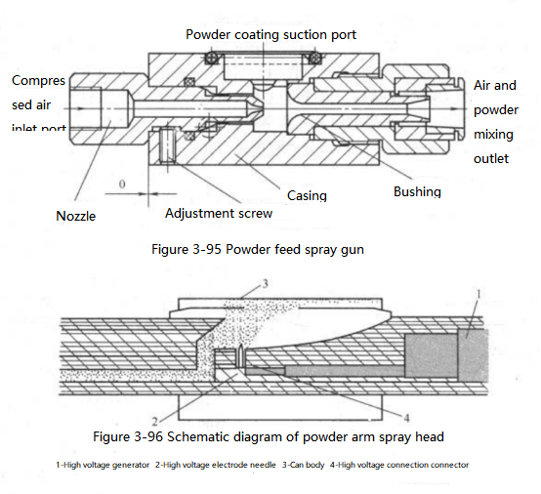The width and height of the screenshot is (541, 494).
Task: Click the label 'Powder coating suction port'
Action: tap(270, 34)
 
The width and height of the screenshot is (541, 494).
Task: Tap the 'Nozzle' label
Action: tap(75, 216)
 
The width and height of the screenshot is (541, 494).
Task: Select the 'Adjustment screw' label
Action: tap(218, 213)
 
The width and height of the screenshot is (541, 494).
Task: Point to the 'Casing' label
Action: tap(307, 195)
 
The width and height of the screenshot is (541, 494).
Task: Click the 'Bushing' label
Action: tap(417, 191)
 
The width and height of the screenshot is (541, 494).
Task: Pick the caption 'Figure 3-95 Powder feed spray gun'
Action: tap(258, 250)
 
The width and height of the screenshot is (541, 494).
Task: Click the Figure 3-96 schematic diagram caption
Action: tap(269, 435)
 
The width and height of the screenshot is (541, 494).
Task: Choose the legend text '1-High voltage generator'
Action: tap(103, 465)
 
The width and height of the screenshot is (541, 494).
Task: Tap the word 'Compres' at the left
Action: tap(37, 80)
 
